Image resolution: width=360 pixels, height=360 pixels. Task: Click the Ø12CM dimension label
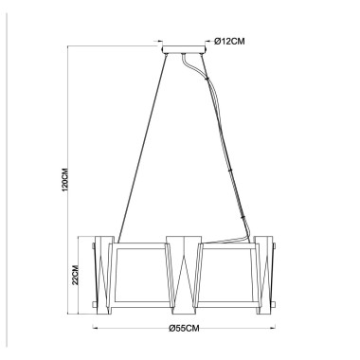[230, 40]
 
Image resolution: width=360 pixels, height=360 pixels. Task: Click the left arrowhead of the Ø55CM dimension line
[96, 329]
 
